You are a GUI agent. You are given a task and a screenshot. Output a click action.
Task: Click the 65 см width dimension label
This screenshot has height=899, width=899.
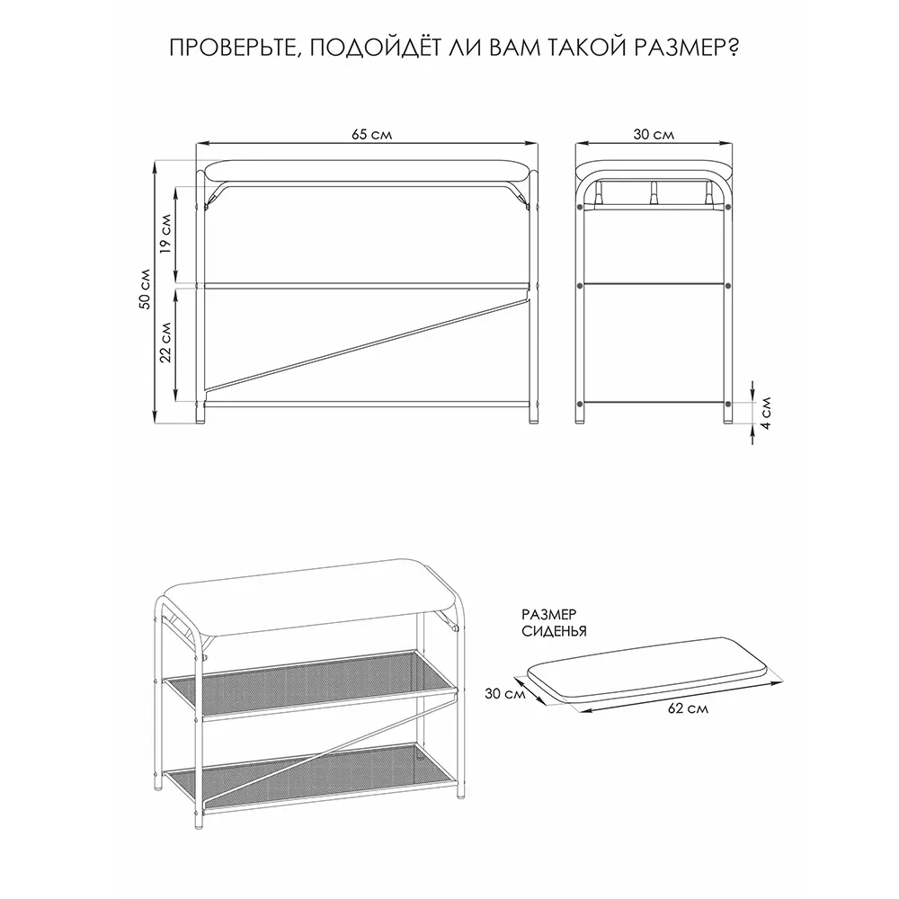(371, 134)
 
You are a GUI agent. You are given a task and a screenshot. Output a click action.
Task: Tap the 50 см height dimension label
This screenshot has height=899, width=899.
(146, 289)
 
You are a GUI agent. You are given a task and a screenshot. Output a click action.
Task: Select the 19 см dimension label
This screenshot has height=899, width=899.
(165, 234)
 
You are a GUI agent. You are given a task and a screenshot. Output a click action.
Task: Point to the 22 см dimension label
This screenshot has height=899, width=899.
(165, 342)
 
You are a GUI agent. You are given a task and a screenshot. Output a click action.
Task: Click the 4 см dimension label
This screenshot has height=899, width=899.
(766, 413)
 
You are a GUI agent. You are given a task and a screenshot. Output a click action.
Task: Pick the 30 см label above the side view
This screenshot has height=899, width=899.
(654, 134)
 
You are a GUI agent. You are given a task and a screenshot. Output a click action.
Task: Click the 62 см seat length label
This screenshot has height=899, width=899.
(688, 708)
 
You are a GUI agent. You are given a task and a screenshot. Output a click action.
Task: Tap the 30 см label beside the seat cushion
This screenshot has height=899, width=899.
(505, 693)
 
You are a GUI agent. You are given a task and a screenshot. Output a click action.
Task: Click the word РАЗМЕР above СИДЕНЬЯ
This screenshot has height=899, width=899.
(548, 615)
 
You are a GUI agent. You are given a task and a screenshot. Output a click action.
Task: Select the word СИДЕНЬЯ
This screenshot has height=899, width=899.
(554, 632)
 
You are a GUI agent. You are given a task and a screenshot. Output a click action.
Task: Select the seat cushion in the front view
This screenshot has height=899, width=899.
(368, 171)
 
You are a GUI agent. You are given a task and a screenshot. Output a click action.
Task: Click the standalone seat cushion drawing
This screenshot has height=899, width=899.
(647, 670)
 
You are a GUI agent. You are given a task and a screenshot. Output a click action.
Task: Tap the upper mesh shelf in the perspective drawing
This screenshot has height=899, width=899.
(310, 683)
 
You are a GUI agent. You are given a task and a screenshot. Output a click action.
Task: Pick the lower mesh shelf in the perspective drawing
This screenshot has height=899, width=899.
(310, 775)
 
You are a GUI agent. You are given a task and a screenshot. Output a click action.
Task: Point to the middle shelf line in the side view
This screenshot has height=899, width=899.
(654, 284)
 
